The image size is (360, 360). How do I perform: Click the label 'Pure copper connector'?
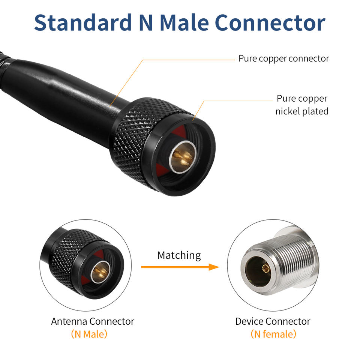283,58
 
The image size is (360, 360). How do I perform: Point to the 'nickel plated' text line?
302,111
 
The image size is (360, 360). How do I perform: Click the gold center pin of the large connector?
183,154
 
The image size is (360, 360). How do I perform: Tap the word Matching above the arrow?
179,255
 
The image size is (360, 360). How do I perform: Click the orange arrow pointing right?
180,267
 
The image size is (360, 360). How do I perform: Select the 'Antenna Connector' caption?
93,321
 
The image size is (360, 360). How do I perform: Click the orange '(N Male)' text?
89,334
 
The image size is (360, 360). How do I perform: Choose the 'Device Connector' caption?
273,321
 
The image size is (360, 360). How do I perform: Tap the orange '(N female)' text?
273,334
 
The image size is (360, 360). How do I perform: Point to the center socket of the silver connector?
265,268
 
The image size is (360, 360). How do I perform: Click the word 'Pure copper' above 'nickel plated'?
302,99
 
